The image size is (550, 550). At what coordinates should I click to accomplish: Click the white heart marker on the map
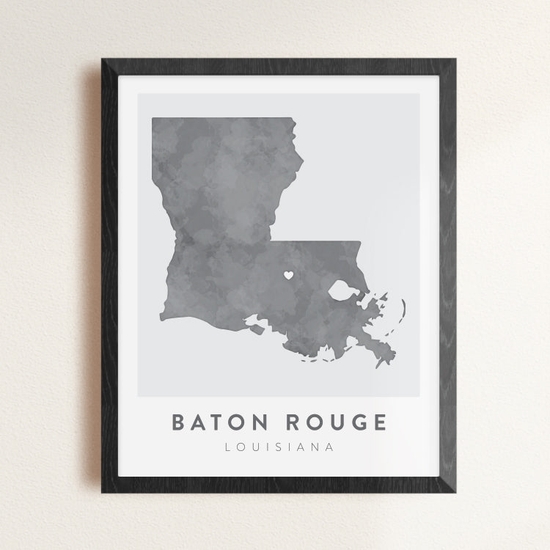[288, 276]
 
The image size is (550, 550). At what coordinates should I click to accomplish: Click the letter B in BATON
[178, 423]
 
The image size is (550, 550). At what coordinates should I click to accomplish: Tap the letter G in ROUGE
[359, 423]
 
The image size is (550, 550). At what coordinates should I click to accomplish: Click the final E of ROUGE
[378, 423]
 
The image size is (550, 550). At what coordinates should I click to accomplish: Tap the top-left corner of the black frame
[103, 59]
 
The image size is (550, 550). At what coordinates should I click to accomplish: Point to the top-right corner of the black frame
[455, 59]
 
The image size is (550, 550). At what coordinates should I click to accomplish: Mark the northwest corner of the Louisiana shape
[153, 118]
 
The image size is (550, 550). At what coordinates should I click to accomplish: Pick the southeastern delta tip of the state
[378, 364]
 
